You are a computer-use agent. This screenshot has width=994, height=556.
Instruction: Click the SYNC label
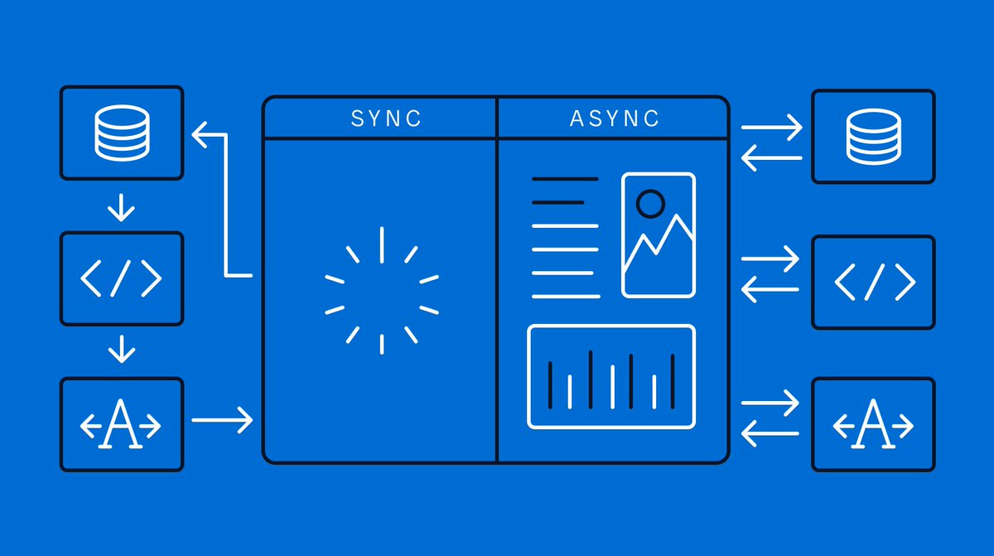386,118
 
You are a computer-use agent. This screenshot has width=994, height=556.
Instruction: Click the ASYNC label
615,118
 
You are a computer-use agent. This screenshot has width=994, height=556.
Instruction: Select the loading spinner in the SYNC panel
381,290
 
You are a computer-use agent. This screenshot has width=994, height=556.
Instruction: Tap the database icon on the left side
122,132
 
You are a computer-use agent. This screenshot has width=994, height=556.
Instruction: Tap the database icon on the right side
873,136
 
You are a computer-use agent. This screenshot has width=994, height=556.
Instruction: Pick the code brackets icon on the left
122,278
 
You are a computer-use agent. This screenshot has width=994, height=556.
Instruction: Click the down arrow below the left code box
122,349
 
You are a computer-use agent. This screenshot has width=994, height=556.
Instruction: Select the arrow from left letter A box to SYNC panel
222,419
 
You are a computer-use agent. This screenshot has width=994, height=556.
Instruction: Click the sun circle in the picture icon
650,202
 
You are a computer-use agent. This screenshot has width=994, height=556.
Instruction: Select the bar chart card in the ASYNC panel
611,377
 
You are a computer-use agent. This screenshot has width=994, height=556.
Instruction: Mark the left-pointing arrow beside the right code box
770,290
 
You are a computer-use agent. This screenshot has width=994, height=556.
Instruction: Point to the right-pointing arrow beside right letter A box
771,404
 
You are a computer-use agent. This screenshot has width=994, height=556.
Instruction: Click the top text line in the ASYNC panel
564,178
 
